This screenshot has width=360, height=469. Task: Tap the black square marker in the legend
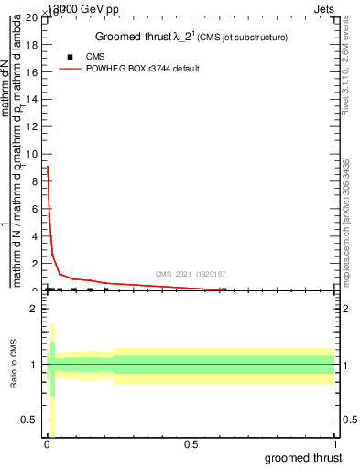[71, 57]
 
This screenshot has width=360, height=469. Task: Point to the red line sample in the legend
[71, 69]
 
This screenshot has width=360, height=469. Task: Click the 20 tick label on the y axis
[32, 17]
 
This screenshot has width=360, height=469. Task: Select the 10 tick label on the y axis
[32, 154]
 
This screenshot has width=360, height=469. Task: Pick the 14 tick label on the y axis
[32, 99]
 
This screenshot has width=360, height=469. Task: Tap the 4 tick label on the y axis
[35, 235]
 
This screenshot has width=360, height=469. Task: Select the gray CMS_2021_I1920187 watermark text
[191, 274]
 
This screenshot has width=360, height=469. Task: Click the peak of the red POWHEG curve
[48, 167]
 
